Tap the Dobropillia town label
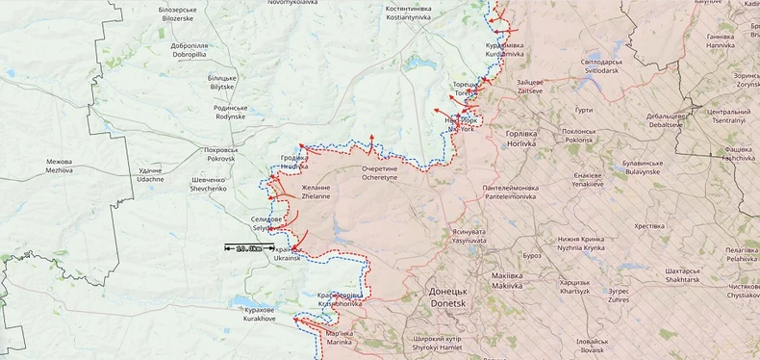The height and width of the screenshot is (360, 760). [x=189, y=50]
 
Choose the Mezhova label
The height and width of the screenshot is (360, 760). [x=59, y=166]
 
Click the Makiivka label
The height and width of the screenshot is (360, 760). [x=506, y=281]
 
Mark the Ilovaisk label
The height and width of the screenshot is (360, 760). [x=592, y=346]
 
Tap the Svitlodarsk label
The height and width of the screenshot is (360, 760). [x=601, y=66]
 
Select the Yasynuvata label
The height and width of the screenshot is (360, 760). [x=468, y=236]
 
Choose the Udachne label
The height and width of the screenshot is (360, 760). [x=150, y=175]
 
